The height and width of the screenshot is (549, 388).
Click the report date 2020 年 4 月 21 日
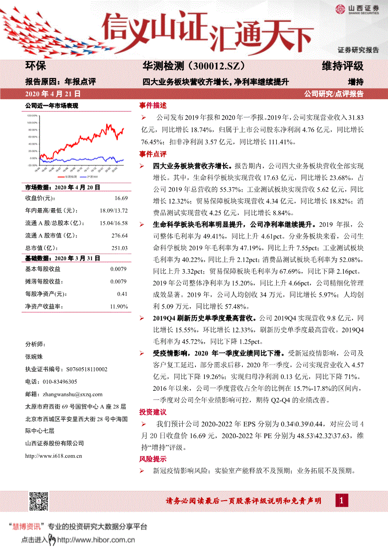click(x=53, y=93)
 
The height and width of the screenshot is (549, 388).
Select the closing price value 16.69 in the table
click(x=121, y=199)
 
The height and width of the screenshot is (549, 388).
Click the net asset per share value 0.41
click(x=122, y=294)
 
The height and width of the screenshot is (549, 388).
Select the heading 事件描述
click(x=153, y=105)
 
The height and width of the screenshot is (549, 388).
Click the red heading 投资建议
click(x=153, y=412)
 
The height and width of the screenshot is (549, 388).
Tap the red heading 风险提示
click(x=153, y=459)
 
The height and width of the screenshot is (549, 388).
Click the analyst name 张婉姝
click(x=34, y=356)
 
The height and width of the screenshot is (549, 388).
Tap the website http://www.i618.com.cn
click(x=54, y=455)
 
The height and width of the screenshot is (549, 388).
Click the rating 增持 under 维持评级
click(x=356, y=81)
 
